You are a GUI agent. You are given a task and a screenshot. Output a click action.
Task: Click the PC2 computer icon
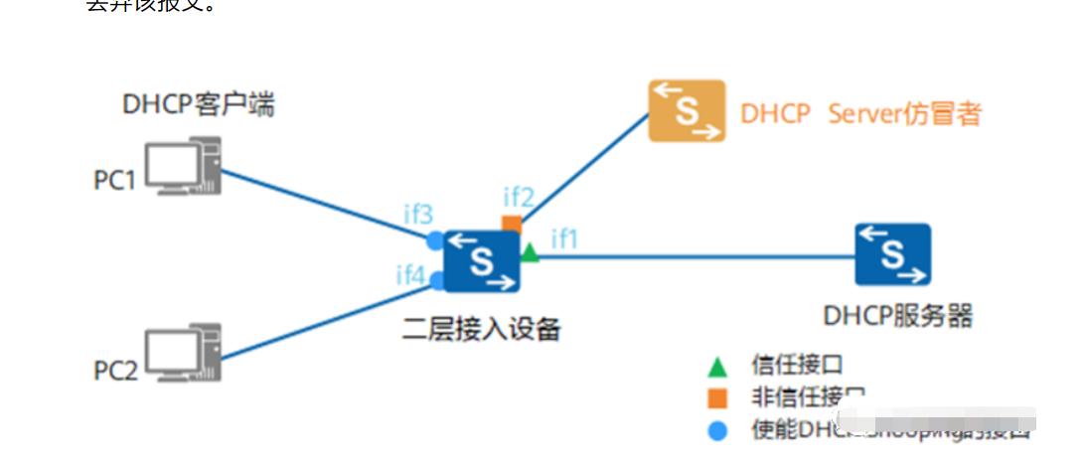coord(183,353)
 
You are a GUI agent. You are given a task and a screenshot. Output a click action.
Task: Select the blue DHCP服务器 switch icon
coord(892,254)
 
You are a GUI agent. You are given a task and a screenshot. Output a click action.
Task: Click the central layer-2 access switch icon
coord(482,261)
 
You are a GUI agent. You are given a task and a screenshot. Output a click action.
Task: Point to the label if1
coord(564,238)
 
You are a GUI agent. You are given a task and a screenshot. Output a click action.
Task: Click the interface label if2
coord(518,196)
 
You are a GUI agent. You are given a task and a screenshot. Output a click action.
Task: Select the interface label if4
coord(411,275)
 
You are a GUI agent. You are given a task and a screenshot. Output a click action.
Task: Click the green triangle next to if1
coord(530,253)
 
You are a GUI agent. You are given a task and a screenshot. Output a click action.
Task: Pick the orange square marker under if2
coord(512,223)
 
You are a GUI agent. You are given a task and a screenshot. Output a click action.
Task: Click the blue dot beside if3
coord(435,240)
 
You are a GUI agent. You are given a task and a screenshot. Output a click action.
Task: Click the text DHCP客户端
coord(199,104)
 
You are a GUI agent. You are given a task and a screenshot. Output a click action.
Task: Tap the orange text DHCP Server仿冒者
coord(860,114)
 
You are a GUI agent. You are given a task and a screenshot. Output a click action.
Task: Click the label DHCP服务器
coord(897,316)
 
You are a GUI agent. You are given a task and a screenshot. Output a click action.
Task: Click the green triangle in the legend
coord(717,367)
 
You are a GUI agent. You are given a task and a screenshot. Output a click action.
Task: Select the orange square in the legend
coord(717,399)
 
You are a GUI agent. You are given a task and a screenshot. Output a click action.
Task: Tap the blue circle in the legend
coord(717,431)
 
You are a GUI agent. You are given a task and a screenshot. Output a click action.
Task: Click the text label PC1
coord(114,181)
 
